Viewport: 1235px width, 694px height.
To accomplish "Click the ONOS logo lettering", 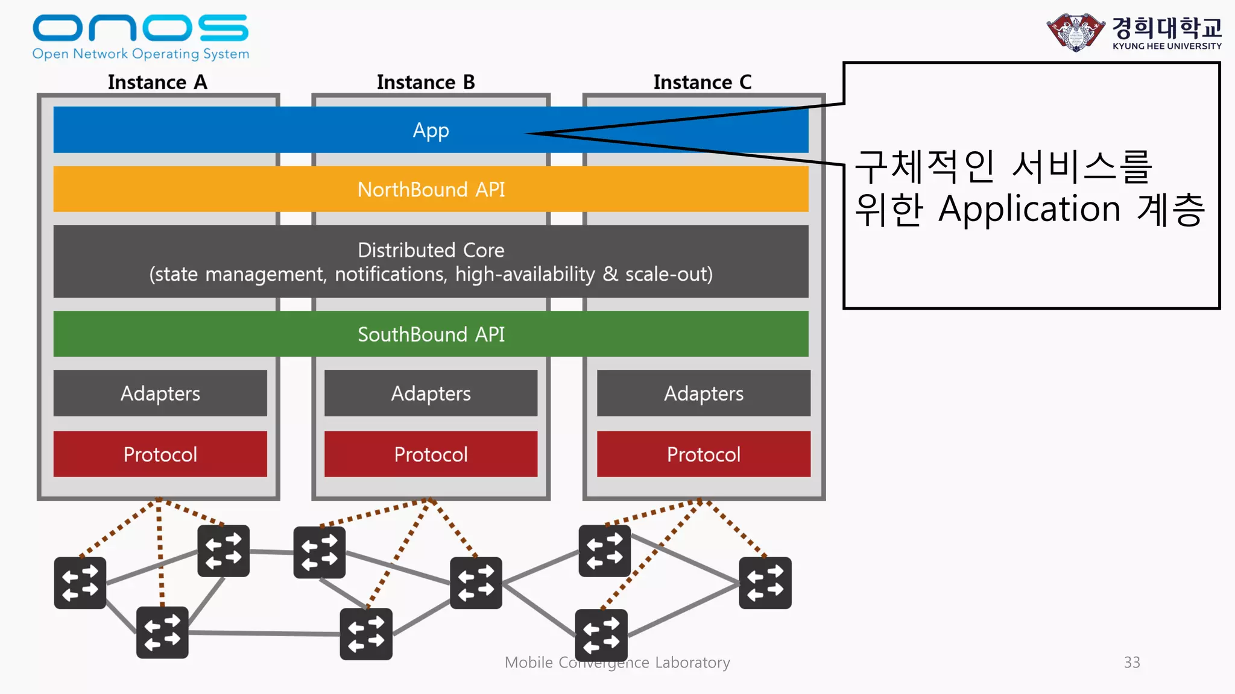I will pos(140,28).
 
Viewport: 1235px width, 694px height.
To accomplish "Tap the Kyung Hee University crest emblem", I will pos(1076,33).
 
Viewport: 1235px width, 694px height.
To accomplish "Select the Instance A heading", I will pos(157,82).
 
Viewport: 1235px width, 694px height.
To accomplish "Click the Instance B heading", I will pos(426,82).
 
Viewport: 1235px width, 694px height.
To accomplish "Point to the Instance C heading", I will pos(703,82).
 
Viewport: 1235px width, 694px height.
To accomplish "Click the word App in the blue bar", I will pos(431,131).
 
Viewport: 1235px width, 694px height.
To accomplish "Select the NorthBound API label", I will pos(431,190).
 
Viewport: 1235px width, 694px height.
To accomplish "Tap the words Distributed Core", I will pos(431,250).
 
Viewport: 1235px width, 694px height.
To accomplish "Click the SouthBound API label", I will pos(431,334).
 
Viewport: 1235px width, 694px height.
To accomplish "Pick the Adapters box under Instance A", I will pos(160,393).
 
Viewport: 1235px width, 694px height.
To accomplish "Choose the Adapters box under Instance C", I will pos(703,393).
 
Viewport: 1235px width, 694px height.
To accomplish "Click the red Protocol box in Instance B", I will pos(431,454).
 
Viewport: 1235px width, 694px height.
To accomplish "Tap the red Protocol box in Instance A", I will pos(160,454).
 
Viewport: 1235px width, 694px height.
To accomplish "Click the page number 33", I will pos(1132,662).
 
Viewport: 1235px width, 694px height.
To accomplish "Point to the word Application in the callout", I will pos(1029,210).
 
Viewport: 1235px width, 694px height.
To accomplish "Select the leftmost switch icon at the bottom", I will pos(80,583).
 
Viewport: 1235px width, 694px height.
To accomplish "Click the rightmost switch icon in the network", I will pos(765,583).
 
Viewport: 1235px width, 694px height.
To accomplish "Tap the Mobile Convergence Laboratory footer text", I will pos(617,662).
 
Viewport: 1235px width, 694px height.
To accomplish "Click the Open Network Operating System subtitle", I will pos(141,54).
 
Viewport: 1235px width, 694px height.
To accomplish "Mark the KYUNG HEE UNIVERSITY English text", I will pos(1167,46).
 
